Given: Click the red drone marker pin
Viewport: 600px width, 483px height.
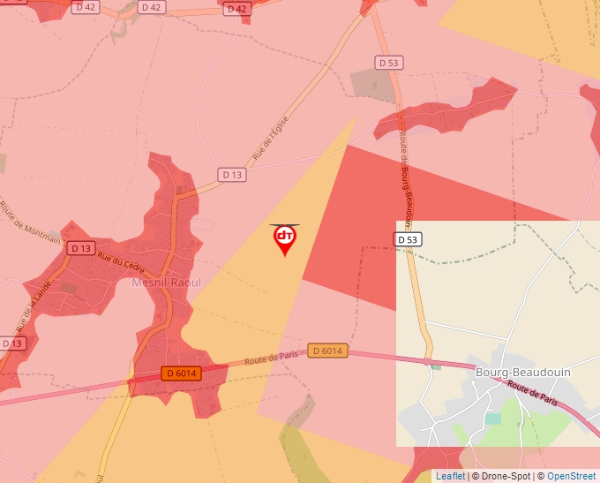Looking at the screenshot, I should (285, 238).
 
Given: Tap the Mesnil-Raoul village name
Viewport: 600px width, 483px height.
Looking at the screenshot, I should (166, 283).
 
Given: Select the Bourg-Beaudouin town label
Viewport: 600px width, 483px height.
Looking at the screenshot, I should (523, 372).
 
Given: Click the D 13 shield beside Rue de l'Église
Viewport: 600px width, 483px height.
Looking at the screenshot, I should (231, 175).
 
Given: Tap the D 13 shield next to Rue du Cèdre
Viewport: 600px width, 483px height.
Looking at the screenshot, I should (80, 248).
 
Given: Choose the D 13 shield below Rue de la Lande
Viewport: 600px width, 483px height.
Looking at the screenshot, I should (11, 343).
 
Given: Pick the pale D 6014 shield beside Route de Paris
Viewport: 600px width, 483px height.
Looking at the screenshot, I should (326, 351).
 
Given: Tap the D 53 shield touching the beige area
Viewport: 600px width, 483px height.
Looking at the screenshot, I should (408, 239).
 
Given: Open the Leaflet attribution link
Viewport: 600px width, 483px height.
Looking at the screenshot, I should (450, 476).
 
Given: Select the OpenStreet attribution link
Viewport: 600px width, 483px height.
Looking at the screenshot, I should (572, 476).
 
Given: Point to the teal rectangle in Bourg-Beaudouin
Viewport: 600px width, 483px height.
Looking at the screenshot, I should (492, 419).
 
